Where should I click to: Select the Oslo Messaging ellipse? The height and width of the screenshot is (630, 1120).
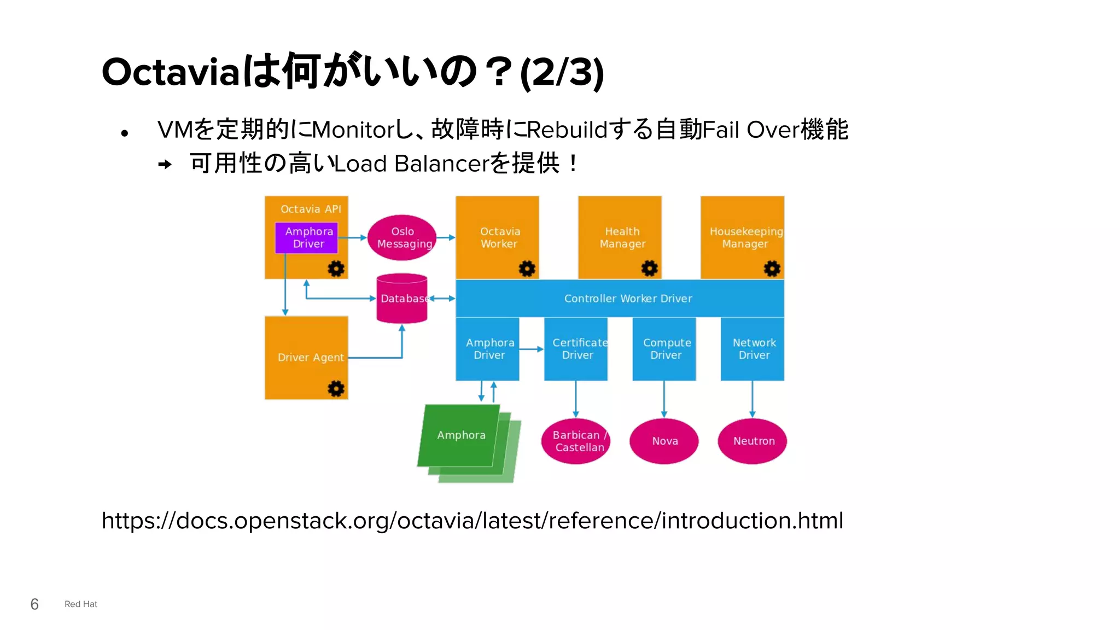[x=402, y=238]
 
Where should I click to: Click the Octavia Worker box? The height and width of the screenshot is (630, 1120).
[x=497, y=238]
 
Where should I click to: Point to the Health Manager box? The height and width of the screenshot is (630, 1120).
[x=620, y=238]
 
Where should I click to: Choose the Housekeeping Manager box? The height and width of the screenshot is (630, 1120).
[x=742, y=238]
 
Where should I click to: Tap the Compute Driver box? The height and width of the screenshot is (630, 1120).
[x=664, y=349]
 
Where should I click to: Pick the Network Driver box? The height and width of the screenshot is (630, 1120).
[x=752, y=349]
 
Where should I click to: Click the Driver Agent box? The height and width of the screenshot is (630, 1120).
[x=306, y=358]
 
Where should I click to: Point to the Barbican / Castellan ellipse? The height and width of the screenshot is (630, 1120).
[x=576, y=441]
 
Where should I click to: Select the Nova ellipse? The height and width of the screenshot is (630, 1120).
[x=664, y=441]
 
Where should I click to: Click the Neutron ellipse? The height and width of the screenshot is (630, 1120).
[x=752, y=441]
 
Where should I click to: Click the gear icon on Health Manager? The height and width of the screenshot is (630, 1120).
[x=649, y=269]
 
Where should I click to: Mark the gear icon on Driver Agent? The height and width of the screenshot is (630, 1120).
[x=336, y=389]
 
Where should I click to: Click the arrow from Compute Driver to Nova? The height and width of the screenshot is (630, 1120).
[x=664, y=399]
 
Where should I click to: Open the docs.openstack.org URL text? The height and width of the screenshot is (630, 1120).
[x=472, y=521]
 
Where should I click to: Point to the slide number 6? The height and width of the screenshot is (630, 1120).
[x=34, y=604]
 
